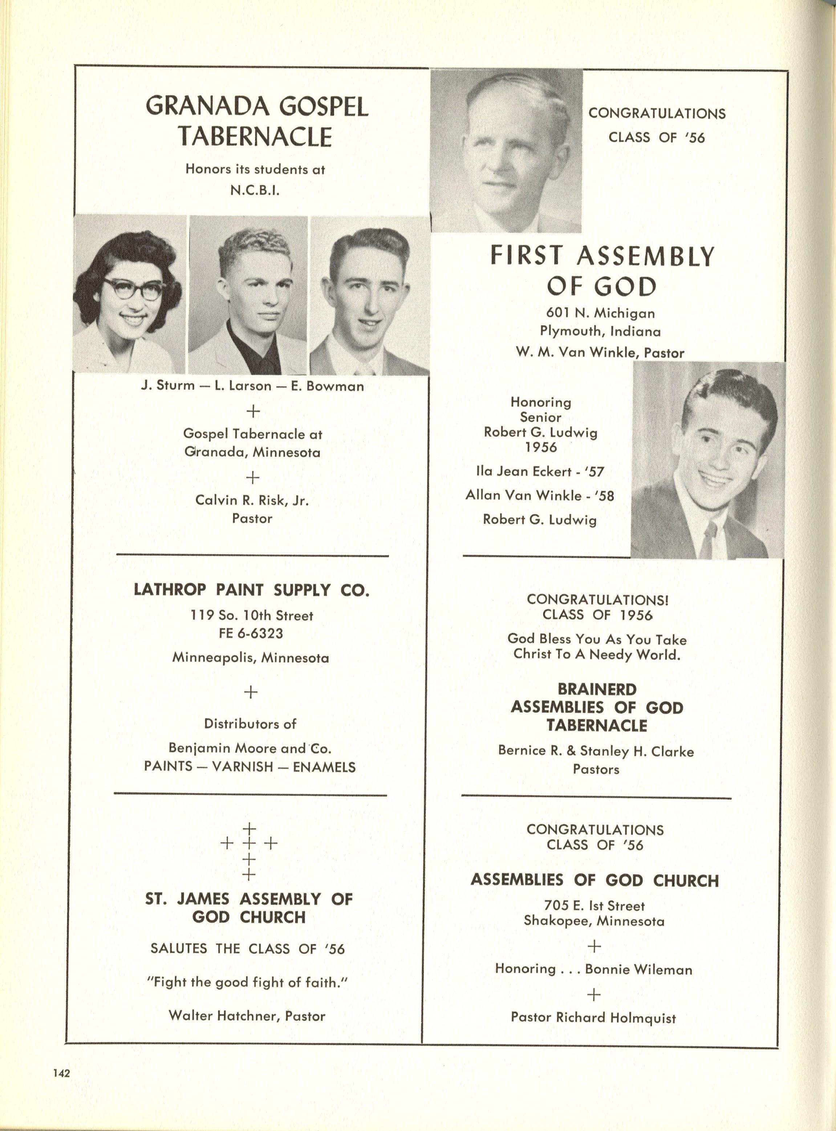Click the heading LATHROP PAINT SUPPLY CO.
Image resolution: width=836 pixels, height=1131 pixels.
click(252, 590)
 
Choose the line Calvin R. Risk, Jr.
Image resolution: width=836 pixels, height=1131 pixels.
click(252, 500)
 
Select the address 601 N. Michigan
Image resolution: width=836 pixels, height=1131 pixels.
click(600, 313)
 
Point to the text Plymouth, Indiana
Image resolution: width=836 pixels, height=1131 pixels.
click(600, 332)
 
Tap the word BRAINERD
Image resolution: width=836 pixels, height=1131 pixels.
click(597, 689)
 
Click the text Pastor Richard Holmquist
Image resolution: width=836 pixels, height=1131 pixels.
click(593, 1017)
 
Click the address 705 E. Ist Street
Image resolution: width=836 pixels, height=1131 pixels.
click(594, 905)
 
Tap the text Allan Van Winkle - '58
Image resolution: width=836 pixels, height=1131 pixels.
click(539, 495)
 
